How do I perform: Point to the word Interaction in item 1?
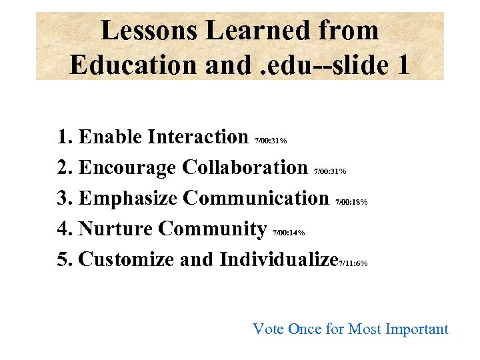point(197,137)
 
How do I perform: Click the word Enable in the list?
point(110,137)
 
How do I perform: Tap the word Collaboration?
point(245,167)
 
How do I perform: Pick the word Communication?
point(256,198)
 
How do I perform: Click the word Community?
point(213,229)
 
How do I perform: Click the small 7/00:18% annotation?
point(351,202)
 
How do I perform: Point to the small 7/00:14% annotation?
point(289,233)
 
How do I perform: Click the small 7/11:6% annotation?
point(353,263)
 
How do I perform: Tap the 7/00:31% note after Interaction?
point(271,141)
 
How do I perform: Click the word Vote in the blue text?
point(268,329)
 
